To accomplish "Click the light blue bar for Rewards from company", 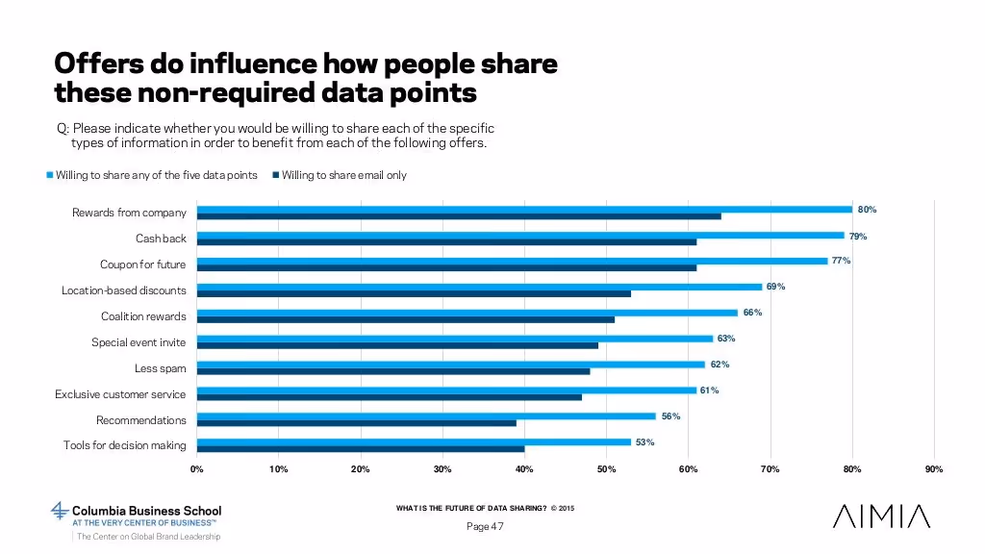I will click(524, 209).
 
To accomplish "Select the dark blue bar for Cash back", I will click(446, 241).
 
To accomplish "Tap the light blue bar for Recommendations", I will click(426, 416).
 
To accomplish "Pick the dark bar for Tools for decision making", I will click(361, 449).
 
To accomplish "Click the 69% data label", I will click(775, 287).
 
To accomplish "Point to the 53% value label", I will click(644, 442).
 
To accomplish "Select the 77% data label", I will click(841, 261).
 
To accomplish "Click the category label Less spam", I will click(160, 368).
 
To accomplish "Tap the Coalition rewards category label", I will click(143, 316).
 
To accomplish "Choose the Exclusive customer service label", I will click(120, 394).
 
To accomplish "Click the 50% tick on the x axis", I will click(606, 469).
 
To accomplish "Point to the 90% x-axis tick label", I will click(933, 469).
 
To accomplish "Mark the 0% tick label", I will click(196, 469).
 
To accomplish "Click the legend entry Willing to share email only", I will click(343, 175).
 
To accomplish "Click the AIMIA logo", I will click(881, 516).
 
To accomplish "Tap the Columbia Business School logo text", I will click(147, 511).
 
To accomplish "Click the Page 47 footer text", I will click(484, 526).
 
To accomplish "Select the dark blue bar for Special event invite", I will click(397, 345).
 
